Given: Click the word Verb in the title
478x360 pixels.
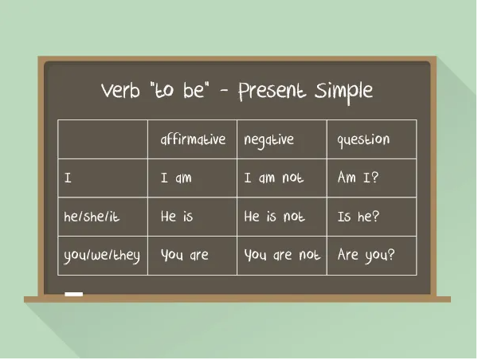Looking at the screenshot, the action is click(120, 90).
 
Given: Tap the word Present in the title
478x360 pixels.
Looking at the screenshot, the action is click(272, 91).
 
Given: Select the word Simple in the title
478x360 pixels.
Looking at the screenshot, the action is click(343, 92).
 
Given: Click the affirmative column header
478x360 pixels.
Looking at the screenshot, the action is click(193, 139).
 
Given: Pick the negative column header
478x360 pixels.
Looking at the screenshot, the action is click(269, 140).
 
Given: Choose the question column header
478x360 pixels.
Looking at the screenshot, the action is click(363, 140).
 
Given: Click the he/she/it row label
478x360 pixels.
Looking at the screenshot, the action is click(92, 217).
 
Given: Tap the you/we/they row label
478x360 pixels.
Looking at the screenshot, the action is click(102, 256).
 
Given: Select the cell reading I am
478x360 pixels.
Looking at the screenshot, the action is click(176, 178).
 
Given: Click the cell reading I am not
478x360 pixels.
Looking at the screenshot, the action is click(274, 178).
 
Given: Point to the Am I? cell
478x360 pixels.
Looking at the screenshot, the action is click(358, 177).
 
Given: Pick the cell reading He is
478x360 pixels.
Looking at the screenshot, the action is click(177, 217).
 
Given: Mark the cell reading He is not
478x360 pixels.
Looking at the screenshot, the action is click(274, 217).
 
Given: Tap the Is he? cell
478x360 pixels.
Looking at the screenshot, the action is click(358, 217).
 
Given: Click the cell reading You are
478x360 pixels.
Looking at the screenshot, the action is click(185, 255).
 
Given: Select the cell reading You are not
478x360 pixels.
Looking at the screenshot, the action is click(282, 255).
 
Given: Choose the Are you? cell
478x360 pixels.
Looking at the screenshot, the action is click(366, 256).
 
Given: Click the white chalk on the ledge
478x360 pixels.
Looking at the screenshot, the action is click(74, 294).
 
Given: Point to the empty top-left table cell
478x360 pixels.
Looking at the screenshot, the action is click(103, 139).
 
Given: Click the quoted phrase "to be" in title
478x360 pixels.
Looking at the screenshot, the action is click(180, 90).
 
